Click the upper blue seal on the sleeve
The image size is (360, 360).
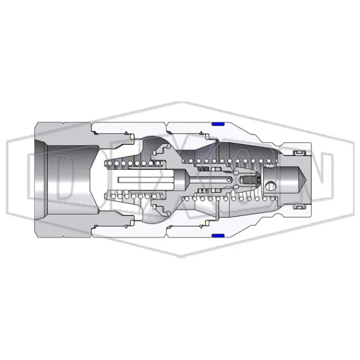coord(218,124)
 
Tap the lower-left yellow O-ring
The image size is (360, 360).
coord(133,224)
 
